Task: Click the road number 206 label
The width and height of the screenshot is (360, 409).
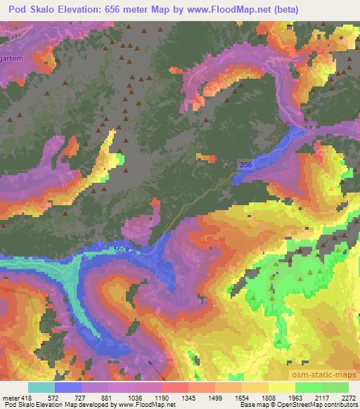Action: (x=244, y=164)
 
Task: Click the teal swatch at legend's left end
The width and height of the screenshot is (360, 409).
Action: (x=41, y=387)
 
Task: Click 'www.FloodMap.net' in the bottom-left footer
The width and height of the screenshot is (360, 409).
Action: (x=143, y=405)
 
